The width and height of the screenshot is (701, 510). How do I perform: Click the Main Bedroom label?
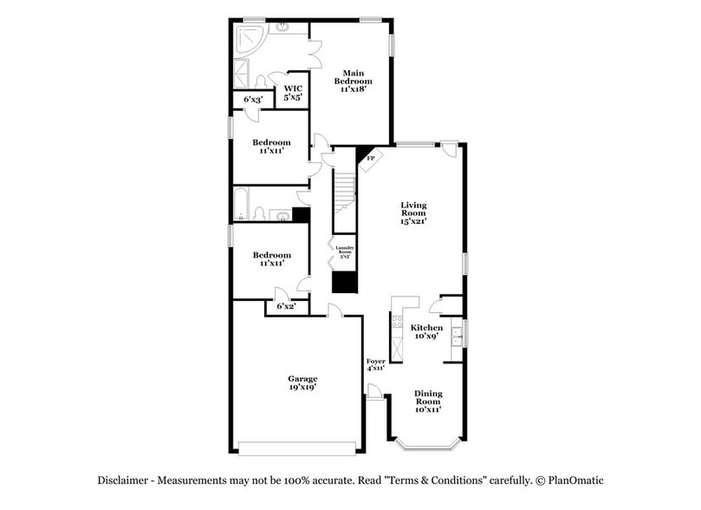click(x=352, y=81)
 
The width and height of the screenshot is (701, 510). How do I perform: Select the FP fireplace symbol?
click(x=371, y=158)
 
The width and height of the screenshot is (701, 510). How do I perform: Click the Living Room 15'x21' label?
click(x=413, y=213)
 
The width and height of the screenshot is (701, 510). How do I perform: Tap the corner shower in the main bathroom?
click(x=250, y=38)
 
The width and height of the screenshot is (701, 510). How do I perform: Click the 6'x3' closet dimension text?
click(x=253, y=100)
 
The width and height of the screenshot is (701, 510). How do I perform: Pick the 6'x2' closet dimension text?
click(x=286, y=306)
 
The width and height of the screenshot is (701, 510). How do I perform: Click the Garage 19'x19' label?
click(x=302, y=383)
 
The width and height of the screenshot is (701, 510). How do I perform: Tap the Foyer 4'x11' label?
click(x=375, y=364)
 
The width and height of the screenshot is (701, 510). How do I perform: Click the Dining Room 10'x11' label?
click(x=427, y=401)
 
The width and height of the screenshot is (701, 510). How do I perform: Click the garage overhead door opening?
click(x=296, y=448)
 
